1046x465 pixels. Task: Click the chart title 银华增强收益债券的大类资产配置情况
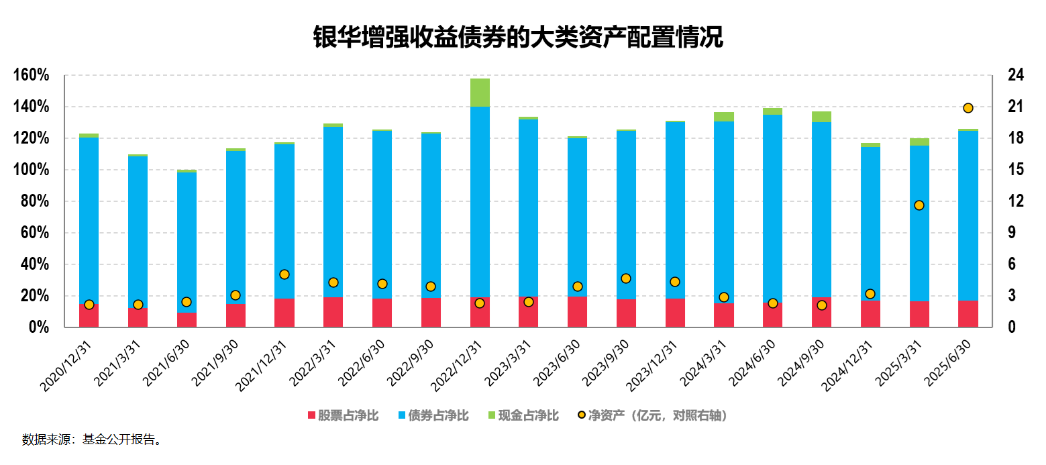517,38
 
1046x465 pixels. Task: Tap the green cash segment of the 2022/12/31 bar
480,93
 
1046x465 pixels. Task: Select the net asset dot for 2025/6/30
968,108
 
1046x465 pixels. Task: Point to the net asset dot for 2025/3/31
919,205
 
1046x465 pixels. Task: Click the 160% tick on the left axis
31,76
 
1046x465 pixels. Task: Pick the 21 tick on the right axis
1015,107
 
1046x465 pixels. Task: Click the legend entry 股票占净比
343,416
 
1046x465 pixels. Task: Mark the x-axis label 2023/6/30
558,362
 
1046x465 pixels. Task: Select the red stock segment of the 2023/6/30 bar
578,312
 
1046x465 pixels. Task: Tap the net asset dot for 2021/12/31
284,274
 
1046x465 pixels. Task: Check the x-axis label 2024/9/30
802,362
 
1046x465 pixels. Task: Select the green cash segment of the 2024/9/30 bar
822,117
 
